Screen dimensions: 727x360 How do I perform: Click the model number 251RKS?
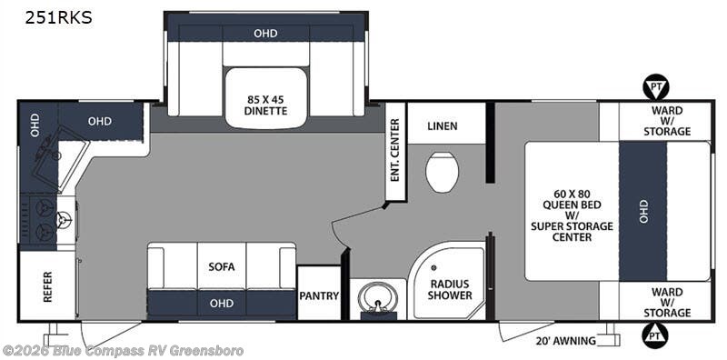59,18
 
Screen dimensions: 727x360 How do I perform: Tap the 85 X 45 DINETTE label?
266,105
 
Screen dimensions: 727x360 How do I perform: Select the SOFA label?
222,266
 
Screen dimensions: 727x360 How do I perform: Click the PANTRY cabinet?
319,293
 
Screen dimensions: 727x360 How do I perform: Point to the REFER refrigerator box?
47,286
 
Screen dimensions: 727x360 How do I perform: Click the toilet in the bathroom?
442,172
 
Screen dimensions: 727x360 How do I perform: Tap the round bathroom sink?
379,298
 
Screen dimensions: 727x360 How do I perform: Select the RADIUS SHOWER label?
450,289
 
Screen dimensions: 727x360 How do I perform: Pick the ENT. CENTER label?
395,150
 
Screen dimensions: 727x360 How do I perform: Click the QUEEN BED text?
572,205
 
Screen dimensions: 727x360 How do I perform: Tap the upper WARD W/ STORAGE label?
667,121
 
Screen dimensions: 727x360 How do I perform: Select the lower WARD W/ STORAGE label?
667,303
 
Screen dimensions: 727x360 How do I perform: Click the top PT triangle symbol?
655,88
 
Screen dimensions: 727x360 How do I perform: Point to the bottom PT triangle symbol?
655,334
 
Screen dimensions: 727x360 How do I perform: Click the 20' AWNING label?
566,341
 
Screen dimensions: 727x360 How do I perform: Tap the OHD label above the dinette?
265,33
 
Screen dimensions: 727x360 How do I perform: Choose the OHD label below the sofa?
222,304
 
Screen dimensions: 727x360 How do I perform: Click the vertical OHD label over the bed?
643,211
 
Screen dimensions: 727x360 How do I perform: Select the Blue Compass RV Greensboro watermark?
123,350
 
